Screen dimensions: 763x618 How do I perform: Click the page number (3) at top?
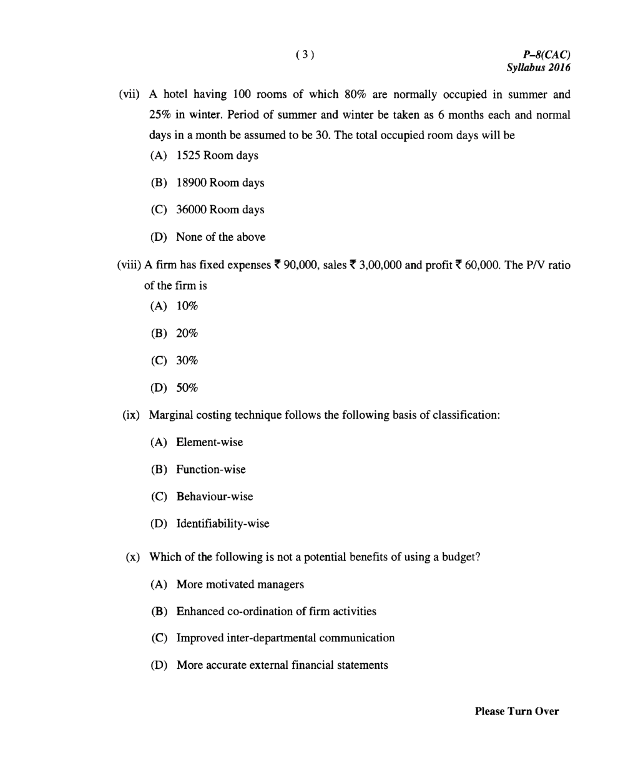click(x=305, y=54)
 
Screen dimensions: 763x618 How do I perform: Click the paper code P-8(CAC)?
click(x=547, y=55)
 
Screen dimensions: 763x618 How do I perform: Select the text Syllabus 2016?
click(x=538, y=67)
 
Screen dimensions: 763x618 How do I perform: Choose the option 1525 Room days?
click(x=217, y=155)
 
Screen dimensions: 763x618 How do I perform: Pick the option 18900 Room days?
click(x=220, y=183)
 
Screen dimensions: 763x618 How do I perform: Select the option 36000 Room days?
click(x=220, y=210)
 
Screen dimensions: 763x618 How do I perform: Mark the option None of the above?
click(x=220, y=237)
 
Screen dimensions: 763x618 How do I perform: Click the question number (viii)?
click(x=129, y=265)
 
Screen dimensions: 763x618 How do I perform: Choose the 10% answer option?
click(x=187, y=306)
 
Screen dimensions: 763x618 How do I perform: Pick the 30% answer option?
click(x=187, y=361)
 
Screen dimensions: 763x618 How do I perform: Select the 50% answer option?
click(x=187, y=388)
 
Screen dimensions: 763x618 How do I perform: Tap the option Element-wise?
click(x=209, y=442)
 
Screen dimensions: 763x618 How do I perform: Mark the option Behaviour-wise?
click(x=214, y=497)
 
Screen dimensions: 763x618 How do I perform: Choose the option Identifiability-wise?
click(x=222, y=524)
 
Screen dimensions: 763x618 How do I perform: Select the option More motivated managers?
click(x=240, y=585)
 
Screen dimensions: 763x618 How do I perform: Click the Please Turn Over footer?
click(x=517, y=711)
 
